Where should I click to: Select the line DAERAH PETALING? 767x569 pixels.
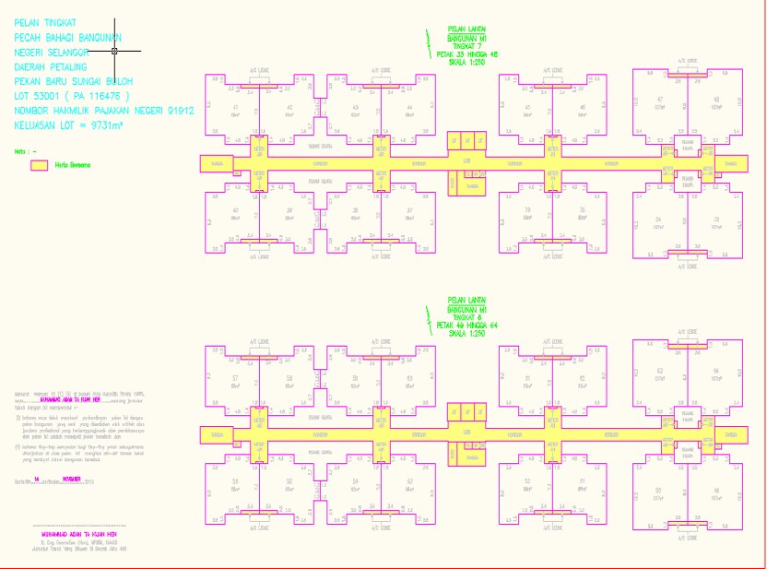(51, 67)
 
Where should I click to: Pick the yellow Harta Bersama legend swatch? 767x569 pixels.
(39, 165)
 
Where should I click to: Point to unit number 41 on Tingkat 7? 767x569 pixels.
(236, 108)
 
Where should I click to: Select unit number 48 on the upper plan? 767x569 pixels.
(715, 99)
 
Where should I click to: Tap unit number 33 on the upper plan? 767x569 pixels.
(715, 219)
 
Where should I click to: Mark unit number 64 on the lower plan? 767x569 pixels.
(715, 371)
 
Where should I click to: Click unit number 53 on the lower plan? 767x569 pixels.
(409, 481)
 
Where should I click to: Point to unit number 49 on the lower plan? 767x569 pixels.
(715, 490)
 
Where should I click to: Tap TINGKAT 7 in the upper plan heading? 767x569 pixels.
(466, 46)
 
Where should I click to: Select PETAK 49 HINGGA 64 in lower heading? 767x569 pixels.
(466, 326)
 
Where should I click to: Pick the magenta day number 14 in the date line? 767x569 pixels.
(36, 480)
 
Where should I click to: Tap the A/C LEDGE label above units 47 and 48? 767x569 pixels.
(687, 61)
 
